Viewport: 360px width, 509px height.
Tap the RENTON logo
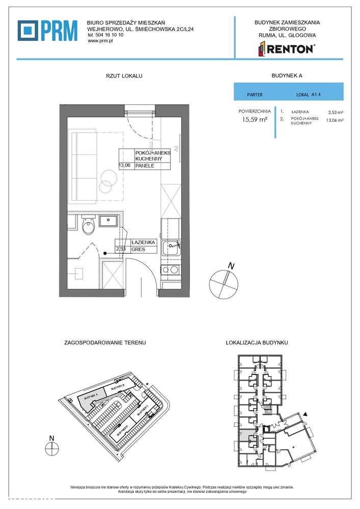tap(287, 49)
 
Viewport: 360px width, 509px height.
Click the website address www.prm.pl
tap(100, 41)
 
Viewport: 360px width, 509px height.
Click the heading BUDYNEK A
tap(288, 75)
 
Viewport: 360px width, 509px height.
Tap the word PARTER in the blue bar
tap(255, 95)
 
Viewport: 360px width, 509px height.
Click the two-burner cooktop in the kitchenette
tap(170, 270)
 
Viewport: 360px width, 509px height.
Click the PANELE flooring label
tap(145, 166)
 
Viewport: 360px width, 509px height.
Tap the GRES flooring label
tap(137, 250)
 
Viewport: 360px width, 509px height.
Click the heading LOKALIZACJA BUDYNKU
tap(257, 343)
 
